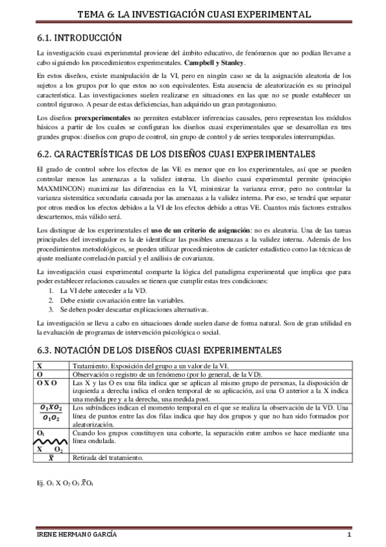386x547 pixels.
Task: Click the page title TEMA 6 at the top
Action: point(193,13)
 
